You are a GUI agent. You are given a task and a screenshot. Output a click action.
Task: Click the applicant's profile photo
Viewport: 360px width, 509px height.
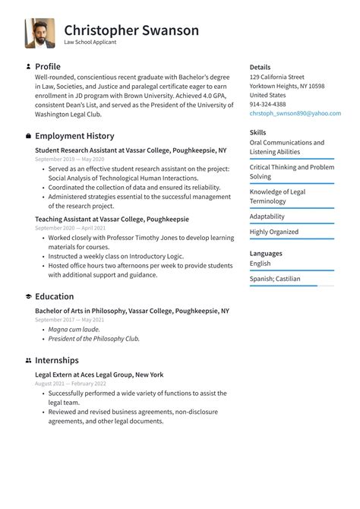pos(39,33)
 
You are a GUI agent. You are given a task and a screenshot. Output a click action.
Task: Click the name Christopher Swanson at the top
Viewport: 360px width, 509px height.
pos(131,30)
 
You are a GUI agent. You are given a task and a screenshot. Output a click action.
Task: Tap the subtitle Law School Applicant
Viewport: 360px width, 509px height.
pos(90,43)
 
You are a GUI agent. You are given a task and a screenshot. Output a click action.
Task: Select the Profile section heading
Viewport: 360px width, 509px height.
pos(47,67)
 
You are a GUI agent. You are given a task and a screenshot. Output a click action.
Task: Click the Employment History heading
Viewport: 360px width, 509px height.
pos(74,136)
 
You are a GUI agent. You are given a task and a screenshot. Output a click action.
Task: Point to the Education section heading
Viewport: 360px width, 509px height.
pos(54,296)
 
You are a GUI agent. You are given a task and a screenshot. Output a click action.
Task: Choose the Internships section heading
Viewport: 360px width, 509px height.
pos(56,360)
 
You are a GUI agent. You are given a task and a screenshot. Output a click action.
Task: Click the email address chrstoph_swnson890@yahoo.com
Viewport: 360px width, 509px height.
pos(295,113)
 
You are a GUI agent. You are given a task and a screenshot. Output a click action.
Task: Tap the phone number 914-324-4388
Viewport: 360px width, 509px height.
pos(267,104)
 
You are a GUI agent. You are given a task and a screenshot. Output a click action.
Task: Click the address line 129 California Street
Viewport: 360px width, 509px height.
pos(276,77)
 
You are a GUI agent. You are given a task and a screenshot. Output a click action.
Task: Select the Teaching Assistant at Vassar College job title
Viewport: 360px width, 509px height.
pos(112,219)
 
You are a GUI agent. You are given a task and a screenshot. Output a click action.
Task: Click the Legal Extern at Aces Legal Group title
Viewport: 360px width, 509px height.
pos(99,375)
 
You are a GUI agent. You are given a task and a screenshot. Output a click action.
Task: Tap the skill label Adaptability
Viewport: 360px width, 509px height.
pos(267,217)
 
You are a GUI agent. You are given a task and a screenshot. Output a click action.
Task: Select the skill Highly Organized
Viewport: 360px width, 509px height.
pos(273,232)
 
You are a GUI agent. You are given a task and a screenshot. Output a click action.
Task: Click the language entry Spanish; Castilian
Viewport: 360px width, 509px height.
pos(274,279)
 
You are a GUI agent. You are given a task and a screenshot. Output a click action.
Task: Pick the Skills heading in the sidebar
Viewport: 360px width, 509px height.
pos(257,132)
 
